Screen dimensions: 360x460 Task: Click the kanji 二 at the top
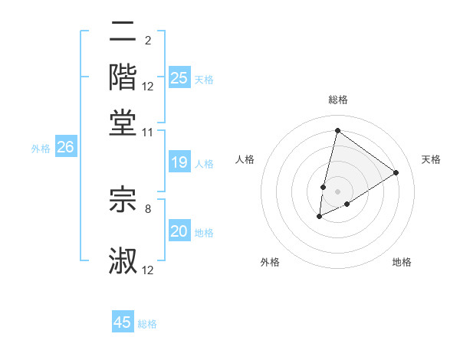coord(123,32)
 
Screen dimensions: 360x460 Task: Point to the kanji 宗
coord(123,199)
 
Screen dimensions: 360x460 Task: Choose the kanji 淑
coord(123,260)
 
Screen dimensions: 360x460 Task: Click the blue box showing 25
coord(179,77)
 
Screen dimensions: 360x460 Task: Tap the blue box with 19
coord(179,162)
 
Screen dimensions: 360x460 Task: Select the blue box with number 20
coord(179,231)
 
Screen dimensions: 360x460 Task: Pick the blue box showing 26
coord(65,147)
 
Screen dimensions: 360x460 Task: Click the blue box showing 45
coord(123,322)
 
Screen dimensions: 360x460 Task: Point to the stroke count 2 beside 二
coord(147,40)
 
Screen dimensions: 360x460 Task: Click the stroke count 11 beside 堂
coord(148,133)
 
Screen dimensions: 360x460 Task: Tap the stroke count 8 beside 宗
coord(147,208)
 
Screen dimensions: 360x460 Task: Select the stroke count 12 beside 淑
coord(148,270)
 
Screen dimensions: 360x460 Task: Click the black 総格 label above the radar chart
coord(337,100)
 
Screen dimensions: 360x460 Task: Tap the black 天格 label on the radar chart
coord(432,159)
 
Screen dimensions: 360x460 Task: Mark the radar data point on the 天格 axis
coord(396,172)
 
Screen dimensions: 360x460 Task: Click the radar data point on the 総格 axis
coord(337,130)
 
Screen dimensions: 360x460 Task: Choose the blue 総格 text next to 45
coord(147,324)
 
